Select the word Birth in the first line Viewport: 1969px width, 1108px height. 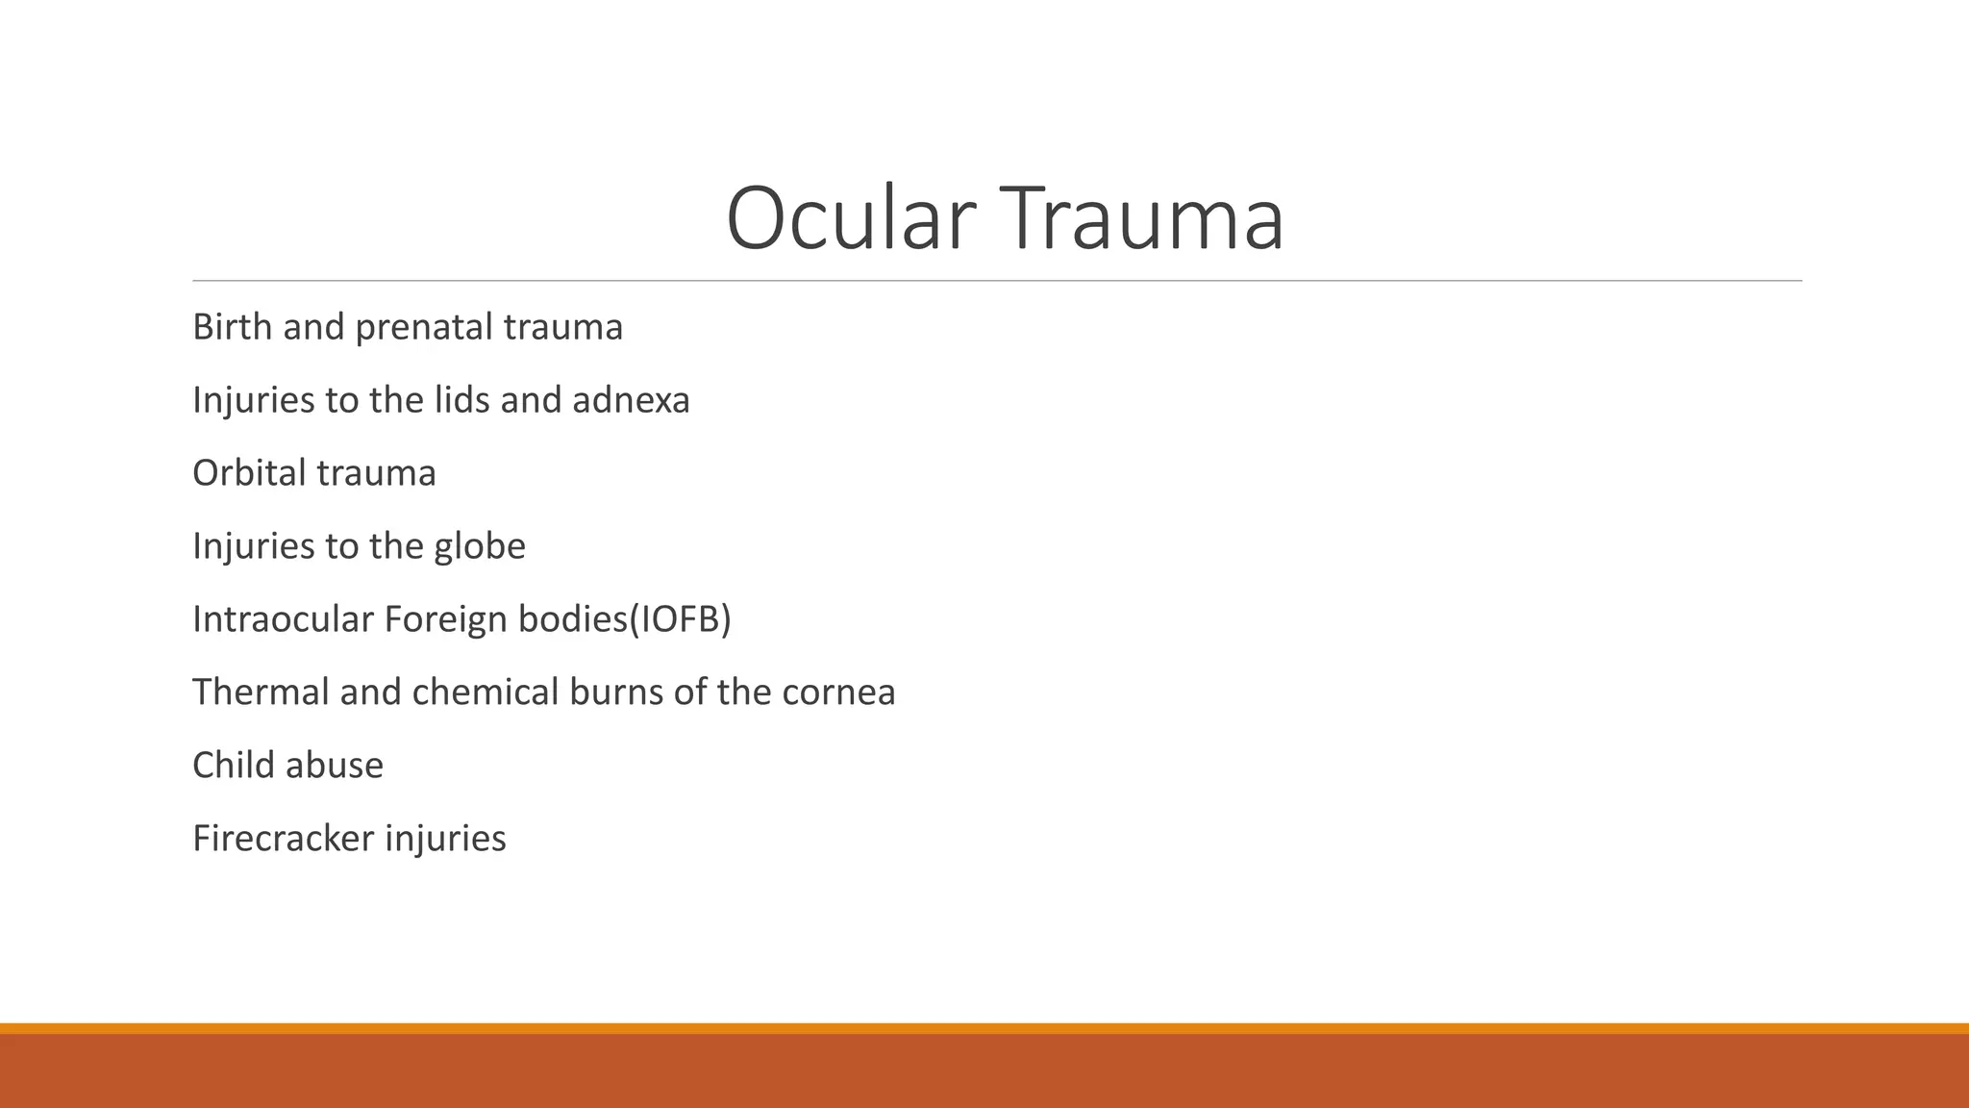tap(232, 327)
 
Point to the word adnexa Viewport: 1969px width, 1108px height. tap(631, 400)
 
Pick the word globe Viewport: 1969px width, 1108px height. tap(480, 546)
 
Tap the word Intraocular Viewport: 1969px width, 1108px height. tap(283, 619)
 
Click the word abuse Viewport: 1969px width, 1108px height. tap(335, 766)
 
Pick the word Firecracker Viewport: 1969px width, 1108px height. tap(283, 839)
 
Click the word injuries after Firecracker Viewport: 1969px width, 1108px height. tap(445, 840)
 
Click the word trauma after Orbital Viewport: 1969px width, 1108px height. tap(376, 473)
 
